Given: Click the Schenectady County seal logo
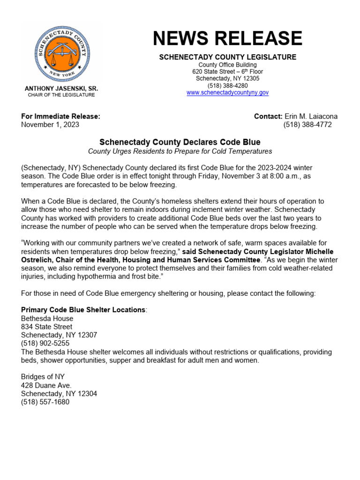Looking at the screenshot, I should (x=61, y=55).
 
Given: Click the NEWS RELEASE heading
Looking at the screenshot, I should (x=227, y=38).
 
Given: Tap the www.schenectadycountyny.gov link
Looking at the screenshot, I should (x=227, y=93).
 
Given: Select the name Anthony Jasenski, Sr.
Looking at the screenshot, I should (x=61, y=89).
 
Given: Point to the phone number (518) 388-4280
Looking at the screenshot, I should (x=227, y=86).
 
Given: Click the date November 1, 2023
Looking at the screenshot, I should (x=50, y=125).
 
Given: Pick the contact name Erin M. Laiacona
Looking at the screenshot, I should (x=311, y=116).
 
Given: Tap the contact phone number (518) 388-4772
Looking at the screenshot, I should (x=307, y=125).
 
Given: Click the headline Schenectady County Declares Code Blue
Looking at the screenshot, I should (x=180, y=142).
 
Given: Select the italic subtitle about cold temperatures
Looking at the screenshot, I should (x=180, y=151).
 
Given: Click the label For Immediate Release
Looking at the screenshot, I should (x=60, y=116).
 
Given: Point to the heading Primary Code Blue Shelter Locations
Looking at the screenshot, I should (x=83, y=310).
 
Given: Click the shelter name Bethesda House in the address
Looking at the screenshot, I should (x=47, y=318).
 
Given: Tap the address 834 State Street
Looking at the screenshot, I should (x=46, y=327).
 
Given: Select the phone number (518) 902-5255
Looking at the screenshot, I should (x=45, y=344).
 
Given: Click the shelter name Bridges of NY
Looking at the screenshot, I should (x=43, y=377).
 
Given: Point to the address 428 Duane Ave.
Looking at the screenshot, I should (x=46, y=385).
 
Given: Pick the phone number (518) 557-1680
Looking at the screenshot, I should (x=45, y=402).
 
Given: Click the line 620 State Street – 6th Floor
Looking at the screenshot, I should (x=227, y=72).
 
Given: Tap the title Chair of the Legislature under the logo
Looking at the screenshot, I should (x=61, y=95).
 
